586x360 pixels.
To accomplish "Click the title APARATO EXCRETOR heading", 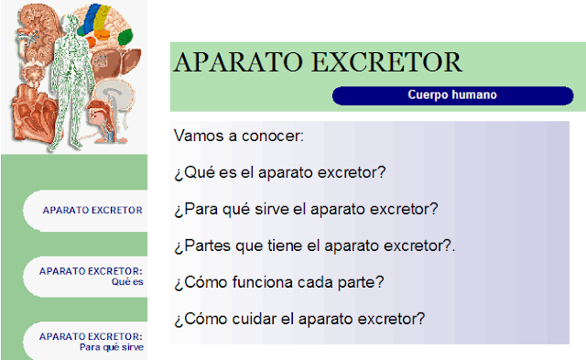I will point(317,62).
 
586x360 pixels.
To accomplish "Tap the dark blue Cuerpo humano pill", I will point(451,95).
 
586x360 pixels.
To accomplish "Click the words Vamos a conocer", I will point(238,136).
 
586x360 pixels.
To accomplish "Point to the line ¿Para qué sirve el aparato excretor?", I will point(306,209).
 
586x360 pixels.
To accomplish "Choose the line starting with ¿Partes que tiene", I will point(314,245).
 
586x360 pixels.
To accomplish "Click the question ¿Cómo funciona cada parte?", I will point(278,282).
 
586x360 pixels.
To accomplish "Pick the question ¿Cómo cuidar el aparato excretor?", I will point(298,319).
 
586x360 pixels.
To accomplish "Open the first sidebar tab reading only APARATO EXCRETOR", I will point(92,210).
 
